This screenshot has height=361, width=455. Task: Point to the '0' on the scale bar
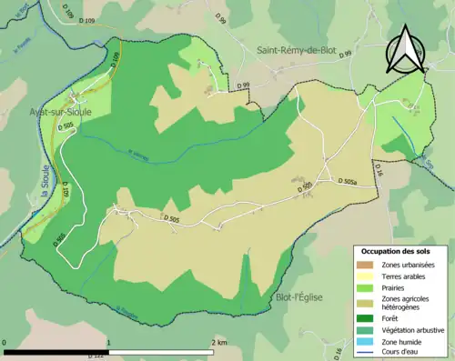(5, 342)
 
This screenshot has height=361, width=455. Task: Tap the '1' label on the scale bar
(110, 342)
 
